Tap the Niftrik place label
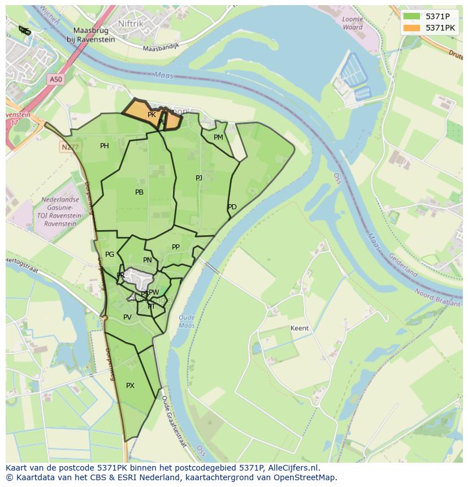point(131,23)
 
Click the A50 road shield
point(55,80)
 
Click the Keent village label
point(299,328)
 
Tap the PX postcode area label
point(130,386)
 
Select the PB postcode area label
point(139,192)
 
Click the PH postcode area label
point(105,146)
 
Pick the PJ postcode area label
point(199,178)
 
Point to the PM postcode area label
point(218,137)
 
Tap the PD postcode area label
point(232,207)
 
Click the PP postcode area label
point(176,247)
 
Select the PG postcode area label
point(110,255)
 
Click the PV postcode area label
point(127,317)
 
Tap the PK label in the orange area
point(151,115)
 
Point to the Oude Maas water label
point(187,321)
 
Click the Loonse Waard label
point(353,23)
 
